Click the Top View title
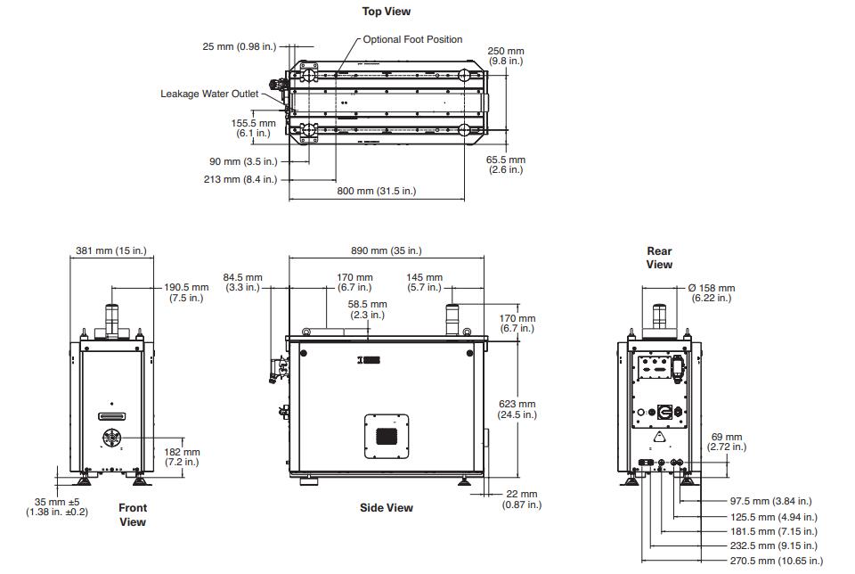point(386,12)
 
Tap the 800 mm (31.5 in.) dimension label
point(376,191)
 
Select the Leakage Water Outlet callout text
point(209,94)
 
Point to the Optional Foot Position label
point(412,39)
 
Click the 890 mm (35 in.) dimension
point(386,250)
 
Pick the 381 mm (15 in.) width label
point(111,250)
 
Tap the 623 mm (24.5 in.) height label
point(517,409)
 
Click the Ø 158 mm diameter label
point(712,292)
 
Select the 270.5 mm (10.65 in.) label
point(777,561)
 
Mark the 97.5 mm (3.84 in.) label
point(771,501)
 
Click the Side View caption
point(386,508)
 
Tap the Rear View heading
point(659,258)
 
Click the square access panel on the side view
point(387,436)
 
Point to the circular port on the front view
point(112,438)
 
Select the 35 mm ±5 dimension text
point(57,507)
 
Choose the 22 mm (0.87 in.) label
point(522,499)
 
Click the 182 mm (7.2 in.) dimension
point(182,456)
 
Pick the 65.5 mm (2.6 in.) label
point(506,164)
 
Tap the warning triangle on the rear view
point(660,437)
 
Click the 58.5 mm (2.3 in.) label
point(368,309)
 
